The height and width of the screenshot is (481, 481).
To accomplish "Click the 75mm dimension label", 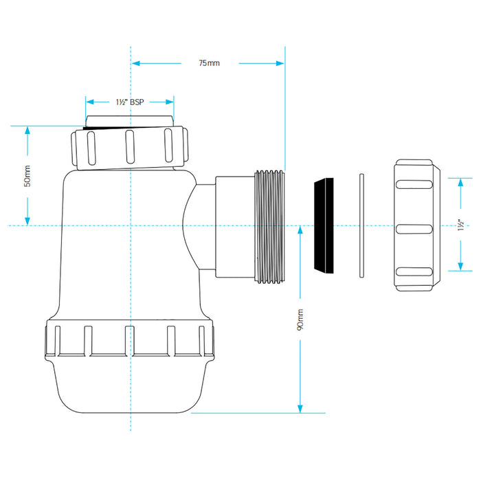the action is click(x=209, y=63).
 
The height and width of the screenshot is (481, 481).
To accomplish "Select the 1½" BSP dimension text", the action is click(x=130, y=102).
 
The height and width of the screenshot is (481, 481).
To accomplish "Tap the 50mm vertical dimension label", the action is click(x=27, y=176).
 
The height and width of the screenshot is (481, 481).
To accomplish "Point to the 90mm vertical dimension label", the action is click(x=300, y=320).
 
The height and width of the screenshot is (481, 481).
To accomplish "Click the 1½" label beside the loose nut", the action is click(x=461, y=225).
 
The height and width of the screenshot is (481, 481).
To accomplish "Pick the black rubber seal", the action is click(x=324, y=225).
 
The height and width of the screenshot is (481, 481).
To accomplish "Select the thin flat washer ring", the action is click(x=361, y=225).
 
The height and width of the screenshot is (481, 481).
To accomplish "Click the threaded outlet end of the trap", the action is click(x=269, y=227).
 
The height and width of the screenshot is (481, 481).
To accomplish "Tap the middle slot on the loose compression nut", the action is click(x=414, y=229).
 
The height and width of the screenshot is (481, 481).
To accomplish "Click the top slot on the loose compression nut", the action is click(x=414, y=184).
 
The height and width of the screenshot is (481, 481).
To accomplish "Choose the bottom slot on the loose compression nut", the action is click(x=414, y=271).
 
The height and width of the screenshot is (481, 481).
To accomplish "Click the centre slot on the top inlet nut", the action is click(x=130, y=146).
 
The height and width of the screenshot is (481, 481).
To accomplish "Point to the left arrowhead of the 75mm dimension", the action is click(x=136, y=63).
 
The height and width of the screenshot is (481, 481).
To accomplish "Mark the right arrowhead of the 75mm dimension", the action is click(x=280, y=63).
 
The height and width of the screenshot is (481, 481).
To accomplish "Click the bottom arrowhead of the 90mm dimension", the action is click(x=300, y=409).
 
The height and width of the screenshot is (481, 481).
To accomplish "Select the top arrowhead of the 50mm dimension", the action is click(x=27, y=131).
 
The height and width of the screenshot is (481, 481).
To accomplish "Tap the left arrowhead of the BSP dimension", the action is click(x=90, y=102).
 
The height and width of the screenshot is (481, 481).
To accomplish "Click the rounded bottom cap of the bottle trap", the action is click(x=129, y=386).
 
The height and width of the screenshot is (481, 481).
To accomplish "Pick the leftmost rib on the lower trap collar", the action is click(x=57, y=341).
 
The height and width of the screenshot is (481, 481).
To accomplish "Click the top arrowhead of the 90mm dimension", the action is click(x=300, y=230).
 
